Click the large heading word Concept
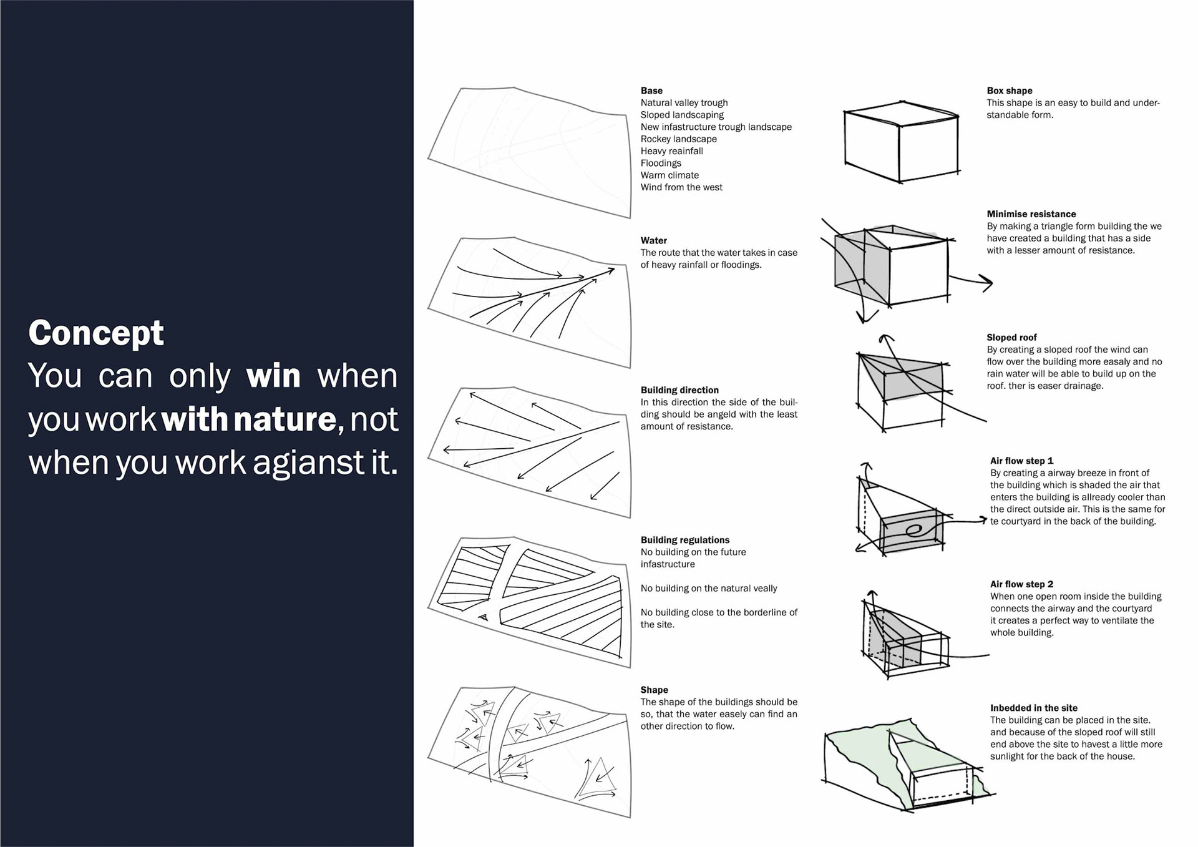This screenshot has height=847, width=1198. [x=96, y=333]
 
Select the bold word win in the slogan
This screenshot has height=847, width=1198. [x=273, y=376]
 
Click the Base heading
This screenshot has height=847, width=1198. [x=651, y=91]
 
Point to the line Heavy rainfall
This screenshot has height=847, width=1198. [x=671, y=151]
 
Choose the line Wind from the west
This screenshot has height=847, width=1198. [x=681, y=187]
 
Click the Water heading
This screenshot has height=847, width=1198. [x=653, y=240]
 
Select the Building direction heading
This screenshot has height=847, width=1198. [x=679, y=390]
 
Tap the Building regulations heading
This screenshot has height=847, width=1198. [x=684, y=540]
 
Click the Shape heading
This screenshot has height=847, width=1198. [x=654, y=690]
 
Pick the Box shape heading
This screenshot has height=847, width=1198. [x=1009, y=91]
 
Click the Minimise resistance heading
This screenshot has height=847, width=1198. [x=1031, y=214]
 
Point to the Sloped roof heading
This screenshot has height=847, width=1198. [x=1011, y=337]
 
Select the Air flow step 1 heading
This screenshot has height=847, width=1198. [x=1021, y=461]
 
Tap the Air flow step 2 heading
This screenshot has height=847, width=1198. [x=1021, y=584]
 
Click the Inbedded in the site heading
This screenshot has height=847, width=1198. [x=1033, y=708]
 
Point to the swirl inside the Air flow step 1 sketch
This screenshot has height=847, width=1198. [x=915, y=531]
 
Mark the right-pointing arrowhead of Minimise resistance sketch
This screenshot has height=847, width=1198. [x=986, y=283]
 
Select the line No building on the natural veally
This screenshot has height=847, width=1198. [x=709, y=588]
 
